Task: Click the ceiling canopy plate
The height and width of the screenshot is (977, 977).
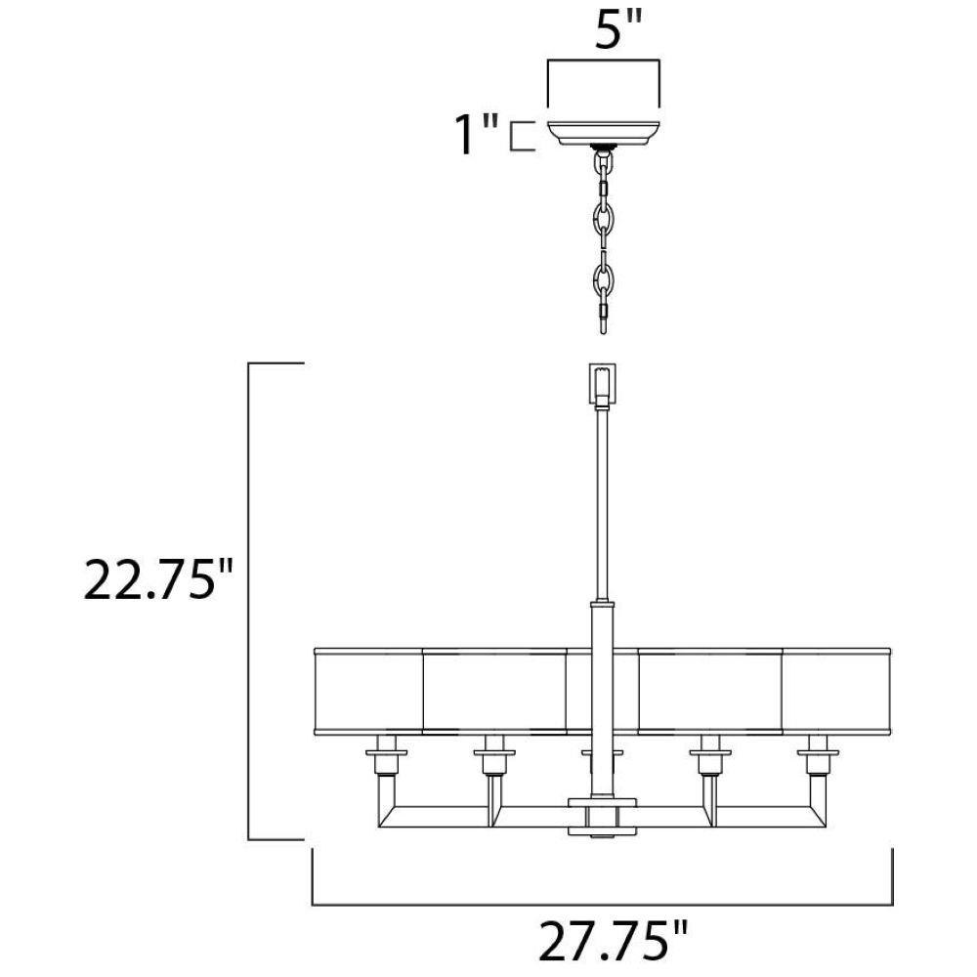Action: (x=603, y=133)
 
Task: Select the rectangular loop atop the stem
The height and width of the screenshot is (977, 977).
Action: (x=603, y=384)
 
